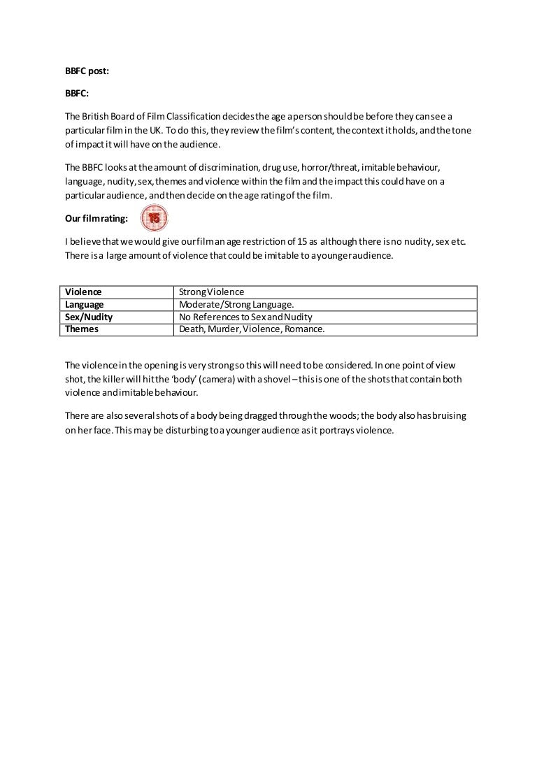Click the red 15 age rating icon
tap(155, 219)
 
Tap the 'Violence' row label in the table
tap(83, 292)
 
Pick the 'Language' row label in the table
tap(85, 304)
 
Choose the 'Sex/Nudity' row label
tap(89, 317)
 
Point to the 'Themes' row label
tap(82, 329)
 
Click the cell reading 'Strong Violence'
tap(211, 292)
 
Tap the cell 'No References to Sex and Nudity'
tap(245, 317)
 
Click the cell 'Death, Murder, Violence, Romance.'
tap(252, 329)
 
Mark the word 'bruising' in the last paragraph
tap(448, 416)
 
